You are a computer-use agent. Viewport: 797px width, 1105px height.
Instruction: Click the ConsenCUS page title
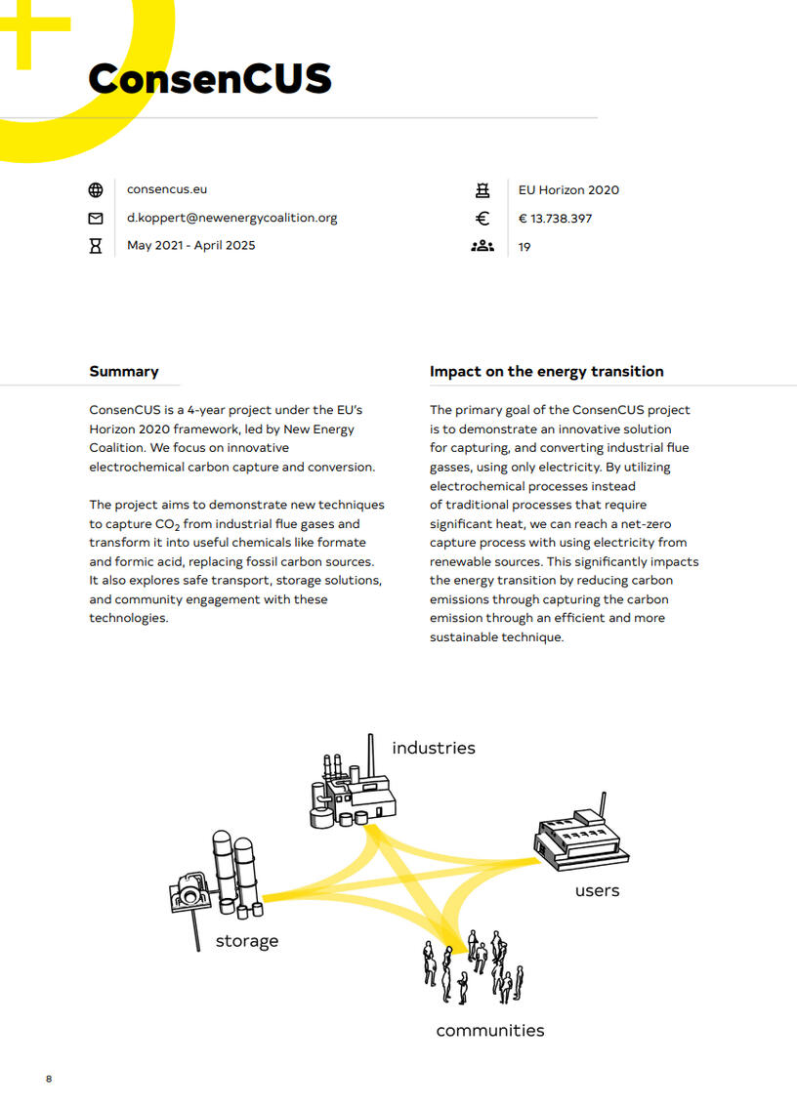tap(209, 78)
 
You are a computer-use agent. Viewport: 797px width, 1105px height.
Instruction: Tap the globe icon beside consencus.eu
tap(96, 190)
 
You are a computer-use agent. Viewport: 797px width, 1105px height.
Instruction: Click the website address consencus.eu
tap(167, 189)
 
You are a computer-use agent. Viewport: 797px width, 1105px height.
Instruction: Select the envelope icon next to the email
tap(96, 218)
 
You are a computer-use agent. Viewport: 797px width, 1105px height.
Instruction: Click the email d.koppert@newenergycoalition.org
tap(231, 218)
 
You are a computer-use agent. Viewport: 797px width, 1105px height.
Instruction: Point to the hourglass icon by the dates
tap(96, 246)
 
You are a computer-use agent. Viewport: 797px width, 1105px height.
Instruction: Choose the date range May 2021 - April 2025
tap(190, 245)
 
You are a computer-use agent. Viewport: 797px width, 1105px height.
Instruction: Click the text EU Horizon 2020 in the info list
tap(568, 190)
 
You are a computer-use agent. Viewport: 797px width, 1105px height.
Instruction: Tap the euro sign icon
tap(482, 219)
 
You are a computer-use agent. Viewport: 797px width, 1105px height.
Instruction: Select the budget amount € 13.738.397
tap(555, 219)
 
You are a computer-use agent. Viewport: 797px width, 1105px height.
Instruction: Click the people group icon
tap(482, 246)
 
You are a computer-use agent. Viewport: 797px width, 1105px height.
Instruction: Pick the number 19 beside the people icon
tap(524, 247)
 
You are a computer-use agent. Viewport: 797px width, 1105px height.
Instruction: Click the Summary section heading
tap(124, 371)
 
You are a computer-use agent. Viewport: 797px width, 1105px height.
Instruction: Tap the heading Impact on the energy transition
tap(546, 371)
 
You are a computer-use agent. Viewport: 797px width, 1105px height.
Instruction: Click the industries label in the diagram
tap(434, 748)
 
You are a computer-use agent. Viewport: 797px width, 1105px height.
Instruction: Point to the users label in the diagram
tap(597, 890)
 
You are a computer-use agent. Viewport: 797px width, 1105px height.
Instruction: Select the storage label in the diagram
tap(247, 941)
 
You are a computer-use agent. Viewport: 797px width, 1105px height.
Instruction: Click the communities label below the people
tap(490, 1030)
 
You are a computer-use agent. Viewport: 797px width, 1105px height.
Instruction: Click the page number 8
tap(49, 1079)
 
